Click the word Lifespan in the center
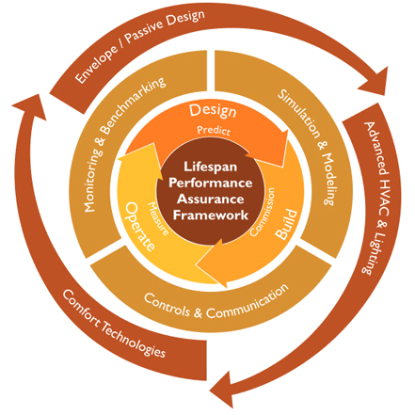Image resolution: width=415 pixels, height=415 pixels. pyautogui.click(x=210, y=167)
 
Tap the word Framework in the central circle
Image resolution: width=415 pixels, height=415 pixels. pyautogui.click(x=211, y=215)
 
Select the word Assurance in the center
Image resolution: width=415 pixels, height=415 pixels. pyautogui.click(x=211, y=199)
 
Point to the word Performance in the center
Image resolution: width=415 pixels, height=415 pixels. pyautogui.click(x=211, y=183)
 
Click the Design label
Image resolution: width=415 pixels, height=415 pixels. pyautogui.click(x=213, y=111)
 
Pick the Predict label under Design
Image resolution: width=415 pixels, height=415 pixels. pyautogui.click(x=214, y=130)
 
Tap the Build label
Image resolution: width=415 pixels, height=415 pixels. pyautogui.click(x=286, y=224)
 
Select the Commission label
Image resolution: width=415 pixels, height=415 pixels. pyautogui.click(x=263, y=212)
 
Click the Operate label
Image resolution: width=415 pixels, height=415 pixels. pyautogui.click(x=140, y=227)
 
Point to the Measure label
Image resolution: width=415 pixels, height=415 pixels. pyautogui.click(x=158, y=218)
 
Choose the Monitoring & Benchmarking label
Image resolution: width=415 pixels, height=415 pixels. pyautogui.click(x=124, y=144)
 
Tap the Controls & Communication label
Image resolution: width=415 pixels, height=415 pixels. pyautogui.click(x=216, y=304)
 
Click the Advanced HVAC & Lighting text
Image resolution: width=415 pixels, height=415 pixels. pyautogui.click(x=376, y=199)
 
